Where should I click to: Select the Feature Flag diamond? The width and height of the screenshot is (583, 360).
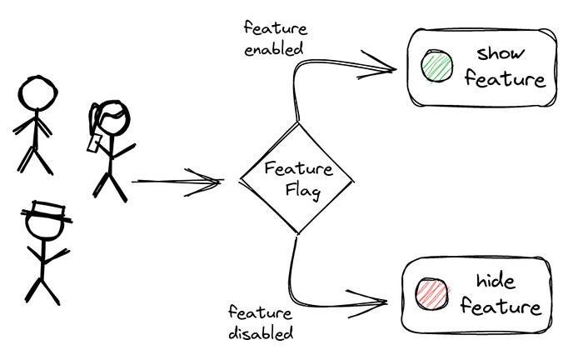coord(297,178)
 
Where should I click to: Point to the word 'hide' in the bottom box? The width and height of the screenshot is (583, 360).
coord(495,280)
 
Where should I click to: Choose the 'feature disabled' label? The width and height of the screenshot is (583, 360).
coord(261,323)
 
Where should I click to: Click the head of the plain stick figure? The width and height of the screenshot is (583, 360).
coord(37,92)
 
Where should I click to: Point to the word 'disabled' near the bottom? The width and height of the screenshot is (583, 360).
coord(262,333)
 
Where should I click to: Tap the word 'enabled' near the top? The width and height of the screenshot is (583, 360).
coord(273,47)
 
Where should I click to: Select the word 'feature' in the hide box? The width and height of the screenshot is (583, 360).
coord(501,307)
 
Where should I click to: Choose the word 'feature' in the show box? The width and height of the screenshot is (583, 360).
coord(505,80)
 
